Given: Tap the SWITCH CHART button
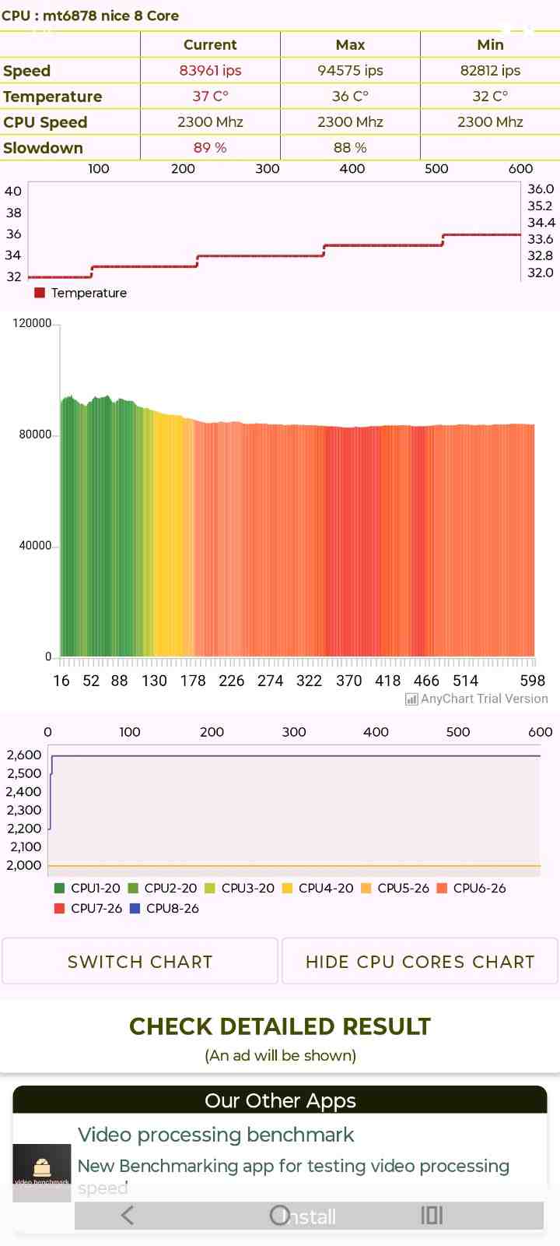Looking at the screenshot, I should tap(140, 962).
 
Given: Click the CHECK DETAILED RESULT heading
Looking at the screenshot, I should tap(280, 1026).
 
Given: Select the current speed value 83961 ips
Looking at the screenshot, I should tap(210, 71).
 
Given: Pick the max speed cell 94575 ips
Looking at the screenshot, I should tap(350, 71).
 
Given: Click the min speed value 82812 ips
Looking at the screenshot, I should tap(490, 71).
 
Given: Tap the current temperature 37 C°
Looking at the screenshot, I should tap(210, 97).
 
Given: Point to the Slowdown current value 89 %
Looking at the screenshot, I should tap(210, 148).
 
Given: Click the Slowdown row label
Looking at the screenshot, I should tap(43, 148).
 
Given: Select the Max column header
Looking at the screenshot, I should tap(350, 45).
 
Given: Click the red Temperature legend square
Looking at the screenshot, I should tap(40, 293).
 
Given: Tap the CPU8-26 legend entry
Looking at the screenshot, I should tap(164, 908).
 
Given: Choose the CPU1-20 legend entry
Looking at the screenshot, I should tap(87, 888).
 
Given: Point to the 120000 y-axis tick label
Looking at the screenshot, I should tap(32, 323).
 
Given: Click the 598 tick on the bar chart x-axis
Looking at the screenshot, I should tap(533, 681).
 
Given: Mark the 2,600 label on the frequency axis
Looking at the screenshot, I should tap(24, 755).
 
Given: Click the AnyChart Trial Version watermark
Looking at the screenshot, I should tap(477, 699).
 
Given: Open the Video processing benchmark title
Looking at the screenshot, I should tap(215, 1135).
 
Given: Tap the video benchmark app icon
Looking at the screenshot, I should tap(42, 1172).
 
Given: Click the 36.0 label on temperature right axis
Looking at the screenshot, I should tap(541, 189).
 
